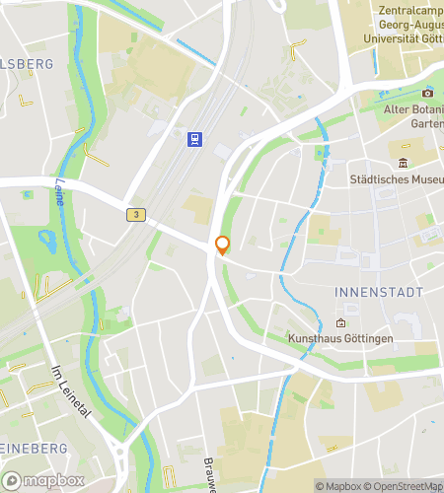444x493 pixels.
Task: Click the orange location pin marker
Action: pyautogui.click(x=222, y=246)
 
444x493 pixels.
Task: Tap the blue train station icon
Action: pyautogui.click(x=195, y=139)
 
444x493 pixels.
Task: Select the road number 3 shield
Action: pyautogui.click(x=135, y=214)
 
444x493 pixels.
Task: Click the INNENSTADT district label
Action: pyautogui.click(x=379, y=293)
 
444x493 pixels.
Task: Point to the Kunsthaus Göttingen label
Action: pyautogui.click(x=339, y=339)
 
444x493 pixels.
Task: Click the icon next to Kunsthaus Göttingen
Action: pyautogui.click(x=340, y=322)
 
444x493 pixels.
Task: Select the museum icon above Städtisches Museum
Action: pyautogui.click(x=403, y=163)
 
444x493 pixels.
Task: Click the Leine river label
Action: pyautogui.click(x=61, y=192)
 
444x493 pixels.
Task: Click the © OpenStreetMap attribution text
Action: pyautogui.click(x=406, y=486)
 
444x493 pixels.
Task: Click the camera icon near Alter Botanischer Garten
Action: pyautogui.click(x=429, y=93)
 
